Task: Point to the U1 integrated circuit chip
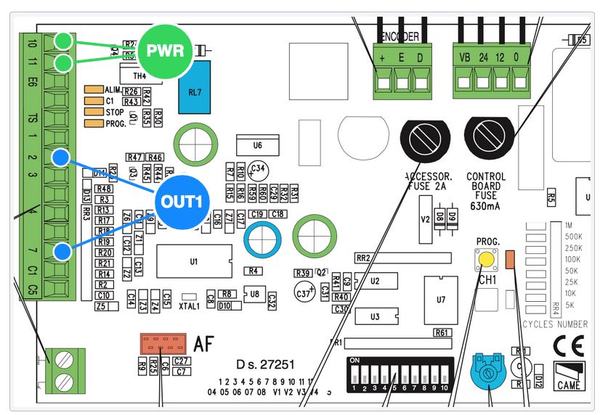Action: pos(193,262)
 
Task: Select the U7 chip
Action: pos(441,299)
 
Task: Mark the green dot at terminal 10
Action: pos(63,41)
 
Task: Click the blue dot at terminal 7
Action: pos(62,252)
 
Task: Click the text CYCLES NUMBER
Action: pos(556,324)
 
